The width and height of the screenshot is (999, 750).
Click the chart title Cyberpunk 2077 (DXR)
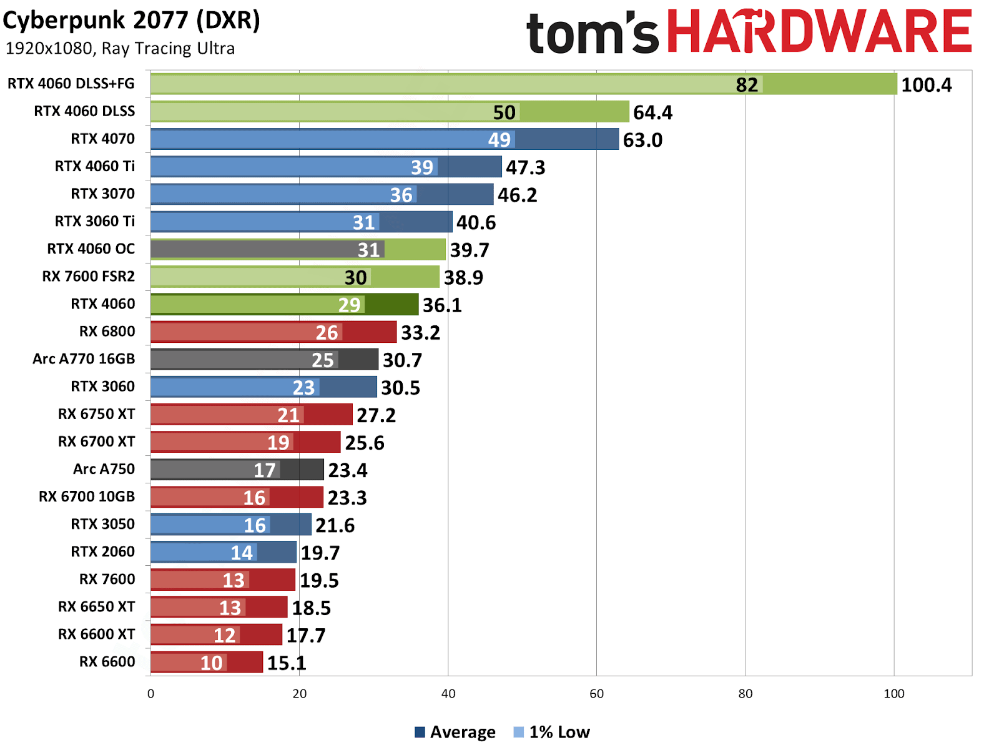coord(131,21)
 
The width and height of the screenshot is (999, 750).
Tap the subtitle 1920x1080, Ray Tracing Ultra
coord(120,49)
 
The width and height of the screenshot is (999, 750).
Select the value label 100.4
coord(926,85)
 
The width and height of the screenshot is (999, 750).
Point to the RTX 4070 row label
coord(102,139)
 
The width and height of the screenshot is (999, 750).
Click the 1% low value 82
coord(747,85)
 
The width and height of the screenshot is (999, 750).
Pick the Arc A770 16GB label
coord(84,359)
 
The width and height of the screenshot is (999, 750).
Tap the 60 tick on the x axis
coord(596,694)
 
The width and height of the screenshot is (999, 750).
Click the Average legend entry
coord(455,732)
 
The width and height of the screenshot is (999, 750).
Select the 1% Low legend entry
coord(552,732)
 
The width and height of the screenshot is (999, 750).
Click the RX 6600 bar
coord(206,662)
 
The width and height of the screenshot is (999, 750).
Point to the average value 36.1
coord(442,305)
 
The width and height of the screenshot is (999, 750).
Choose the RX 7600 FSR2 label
coord(88,277)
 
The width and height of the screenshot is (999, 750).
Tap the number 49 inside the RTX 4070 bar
coord(499,140)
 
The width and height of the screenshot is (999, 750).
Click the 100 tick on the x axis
coord(893,694)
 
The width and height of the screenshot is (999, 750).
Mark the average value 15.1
coord(287,663)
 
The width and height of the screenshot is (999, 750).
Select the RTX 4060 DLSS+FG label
coord(71,84)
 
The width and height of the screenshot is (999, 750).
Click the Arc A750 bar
coord(237,470)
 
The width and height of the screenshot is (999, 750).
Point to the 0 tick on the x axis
coord(150,694)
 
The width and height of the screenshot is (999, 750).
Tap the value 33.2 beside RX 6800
coord(420,333)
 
